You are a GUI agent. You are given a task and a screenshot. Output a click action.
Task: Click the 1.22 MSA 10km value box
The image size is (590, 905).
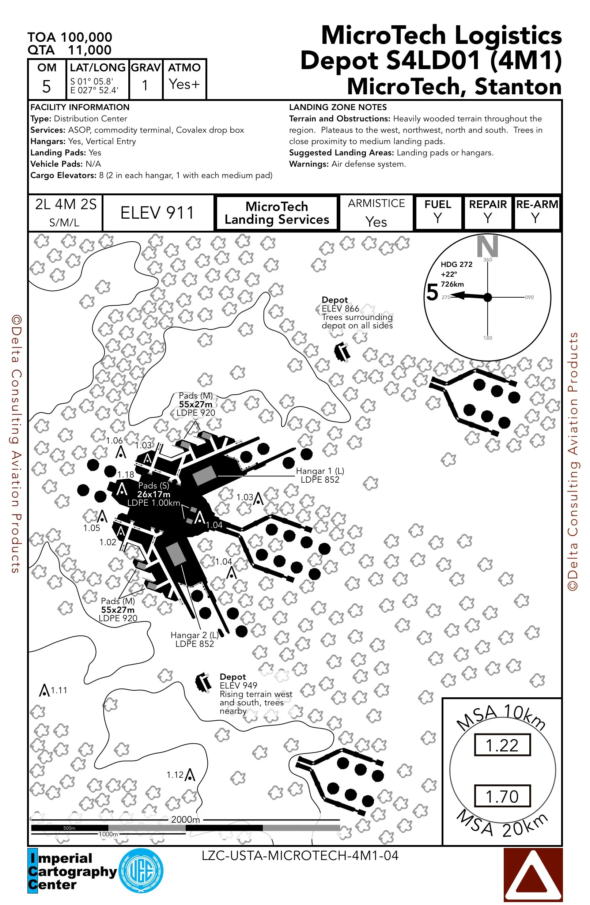coord(502,745)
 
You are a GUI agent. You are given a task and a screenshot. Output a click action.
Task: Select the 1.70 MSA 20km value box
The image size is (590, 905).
coord(502,796)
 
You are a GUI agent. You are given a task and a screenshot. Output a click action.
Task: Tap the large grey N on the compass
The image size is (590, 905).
coord(487,246)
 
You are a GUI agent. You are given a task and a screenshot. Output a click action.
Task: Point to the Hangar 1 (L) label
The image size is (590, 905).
coord(320,475)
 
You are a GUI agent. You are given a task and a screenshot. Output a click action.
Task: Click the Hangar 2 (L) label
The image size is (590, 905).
coord(194,639)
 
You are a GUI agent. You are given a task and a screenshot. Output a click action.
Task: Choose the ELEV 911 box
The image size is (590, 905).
coord(158,213)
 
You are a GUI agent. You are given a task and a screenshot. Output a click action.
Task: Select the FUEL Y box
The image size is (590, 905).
coord(438,212)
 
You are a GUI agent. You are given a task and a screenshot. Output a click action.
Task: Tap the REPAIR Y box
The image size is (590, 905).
coord(488,212)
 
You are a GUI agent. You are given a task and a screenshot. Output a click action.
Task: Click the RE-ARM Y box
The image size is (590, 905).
coord(536,212)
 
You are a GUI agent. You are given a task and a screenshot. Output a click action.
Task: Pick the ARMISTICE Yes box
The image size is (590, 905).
coord(377,213)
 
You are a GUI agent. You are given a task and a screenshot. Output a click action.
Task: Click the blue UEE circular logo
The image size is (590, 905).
coord(141,870)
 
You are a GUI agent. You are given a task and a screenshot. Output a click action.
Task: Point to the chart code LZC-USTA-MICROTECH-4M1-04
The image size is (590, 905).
coord(300,856)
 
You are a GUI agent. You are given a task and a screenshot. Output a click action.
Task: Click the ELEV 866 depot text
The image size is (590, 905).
coord(340,308)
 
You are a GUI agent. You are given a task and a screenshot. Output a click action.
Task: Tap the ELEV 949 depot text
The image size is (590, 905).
coord(238,685)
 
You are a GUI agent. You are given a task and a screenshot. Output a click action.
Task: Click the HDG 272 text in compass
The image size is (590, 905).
coord(456,264)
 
